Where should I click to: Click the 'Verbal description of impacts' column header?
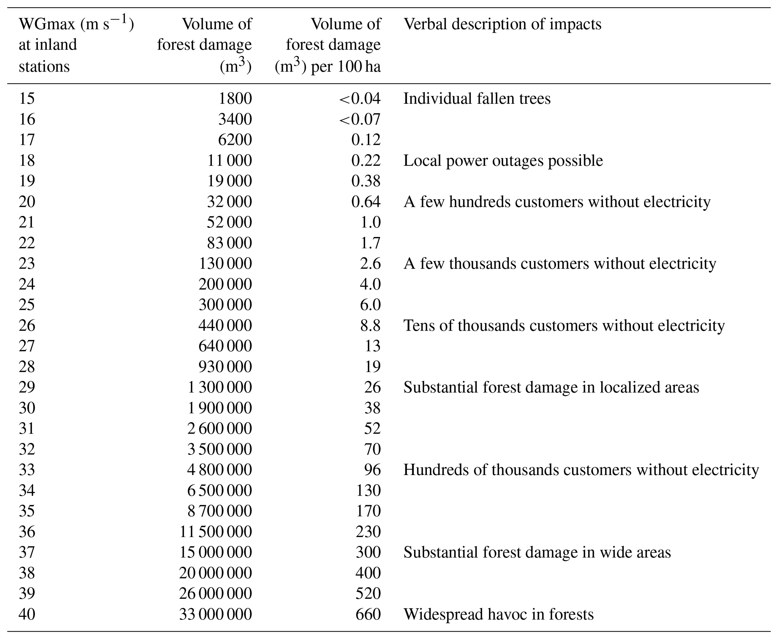click(502, 24)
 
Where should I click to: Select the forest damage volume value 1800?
click(235, 99)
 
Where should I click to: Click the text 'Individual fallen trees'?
click(477, 99)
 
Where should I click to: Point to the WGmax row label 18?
click(27, 161)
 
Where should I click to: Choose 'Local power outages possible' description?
click(503, 161)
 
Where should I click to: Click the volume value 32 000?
click(229, 202)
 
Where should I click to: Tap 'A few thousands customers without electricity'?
click(559, 264)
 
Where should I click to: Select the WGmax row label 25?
click(27, 305)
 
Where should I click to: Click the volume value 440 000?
click(225, 325)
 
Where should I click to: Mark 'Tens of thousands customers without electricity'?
click(564, 325)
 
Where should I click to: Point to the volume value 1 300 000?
click(219, 387)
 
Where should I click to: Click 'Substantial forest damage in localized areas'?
click(551, 387)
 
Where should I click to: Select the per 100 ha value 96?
click(372, 470)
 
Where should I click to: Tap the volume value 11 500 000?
click(215, 532)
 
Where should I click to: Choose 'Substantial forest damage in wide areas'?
click(537, 552)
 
